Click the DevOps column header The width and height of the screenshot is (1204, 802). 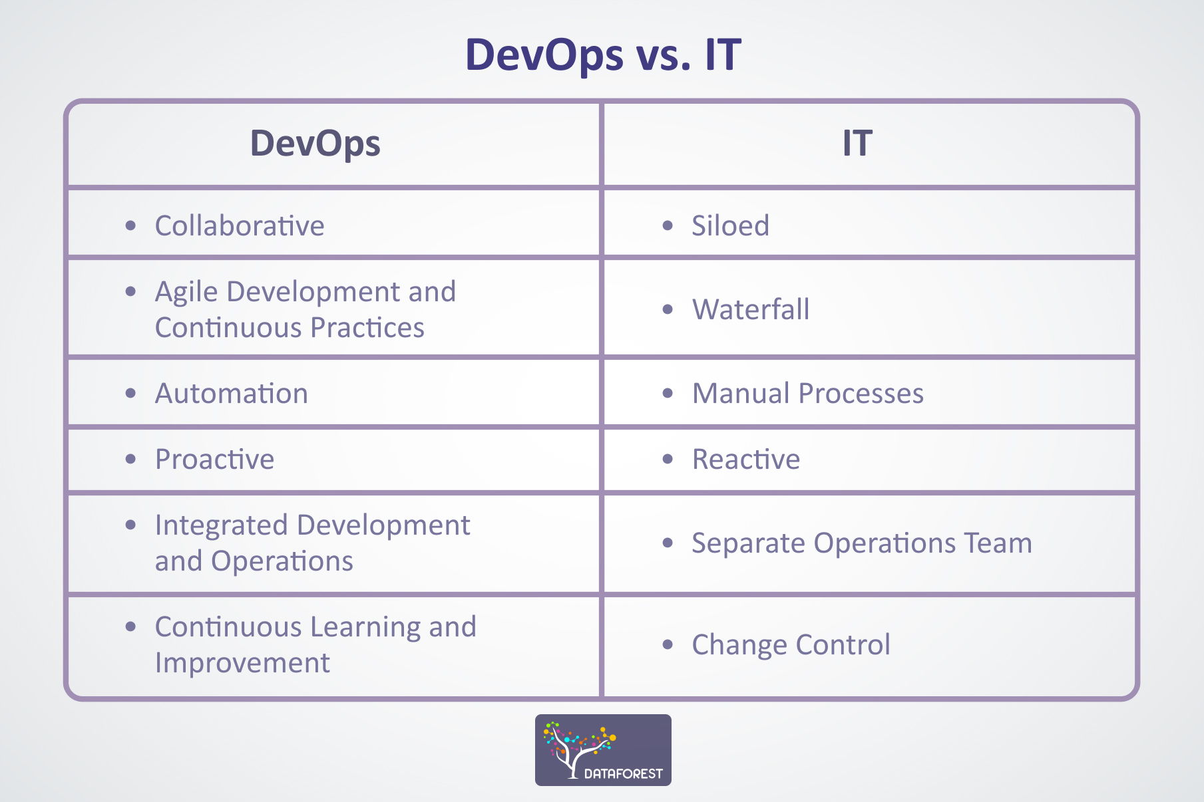point(315,144)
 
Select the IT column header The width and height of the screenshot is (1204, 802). point(857,144)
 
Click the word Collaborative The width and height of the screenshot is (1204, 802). point(240,226)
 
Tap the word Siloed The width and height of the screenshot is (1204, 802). point(730,226)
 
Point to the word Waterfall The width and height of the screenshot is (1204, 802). point(751,310)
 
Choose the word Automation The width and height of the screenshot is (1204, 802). point(232,394)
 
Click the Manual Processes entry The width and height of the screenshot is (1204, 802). point(807,394)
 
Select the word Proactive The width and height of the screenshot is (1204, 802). point(214,460)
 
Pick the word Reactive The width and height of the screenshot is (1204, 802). point(745,460)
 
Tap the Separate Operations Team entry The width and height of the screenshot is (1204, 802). point(861,543)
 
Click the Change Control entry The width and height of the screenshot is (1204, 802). point(791,645)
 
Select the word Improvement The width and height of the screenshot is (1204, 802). point(242,663)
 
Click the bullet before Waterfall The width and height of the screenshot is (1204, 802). point(668,310)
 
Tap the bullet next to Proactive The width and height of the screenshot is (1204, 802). point(130,460)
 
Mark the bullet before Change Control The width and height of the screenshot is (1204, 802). point(668,644)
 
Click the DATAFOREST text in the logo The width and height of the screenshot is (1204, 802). point(623,773)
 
